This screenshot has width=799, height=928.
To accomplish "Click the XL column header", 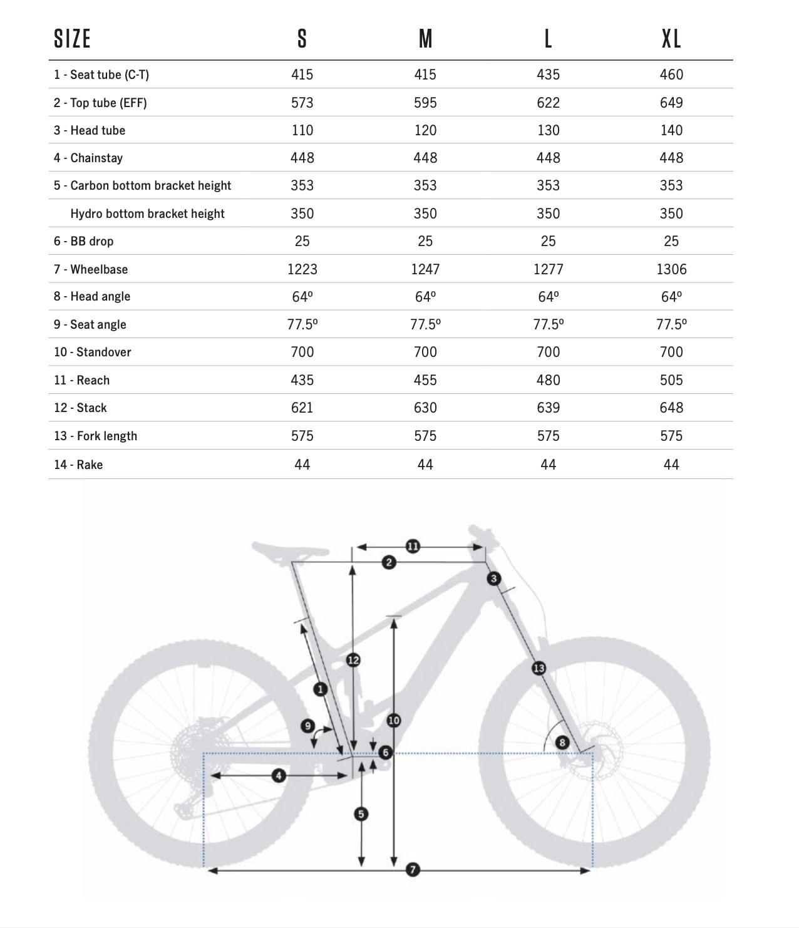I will [x=671, y=39].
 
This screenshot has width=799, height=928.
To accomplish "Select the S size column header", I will [x=302, y=39].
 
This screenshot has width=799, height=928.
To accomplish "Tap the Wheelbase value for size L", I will [x=548, y=269].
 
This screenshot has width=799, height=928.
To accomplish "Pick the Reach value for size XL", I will [x=671, y=380].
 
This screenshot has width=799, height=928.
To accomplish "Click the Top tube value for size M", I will [x=425, y=103].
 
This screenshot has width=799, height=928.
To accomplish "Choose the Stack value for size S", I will [x=302, y=408].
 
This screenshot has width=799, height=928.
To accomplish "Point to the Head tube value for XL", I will [x=671, y=130].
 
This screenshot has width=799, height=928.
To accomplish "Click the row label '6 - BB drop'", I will [x=83, y=241].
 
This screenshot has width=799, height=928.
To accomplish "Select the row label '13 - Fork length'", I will [x=95, y=436].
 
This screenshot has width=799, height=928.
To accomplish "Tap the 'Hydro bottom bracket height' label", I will [x=147, y=214].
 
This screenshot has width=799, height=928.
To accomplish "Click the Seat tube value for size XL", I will [x=671, y=75].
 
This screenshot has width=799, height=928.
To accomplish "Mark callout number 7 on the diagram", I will [x=413, y=869].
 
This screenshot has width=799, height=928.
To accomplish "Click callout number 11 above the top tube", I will [x=413, y=546].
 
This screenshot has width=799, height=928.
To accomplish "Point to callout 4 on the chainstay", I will [x=279, y=776].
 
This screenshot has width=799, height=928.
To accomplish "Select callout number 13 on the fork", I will [x=539, y=668].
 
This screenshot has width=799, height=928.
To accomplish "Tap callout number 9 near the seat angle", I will [x=307, y=726].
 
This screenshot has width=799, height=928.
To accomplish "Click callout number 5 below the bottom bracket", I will [x=361, y=814].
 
